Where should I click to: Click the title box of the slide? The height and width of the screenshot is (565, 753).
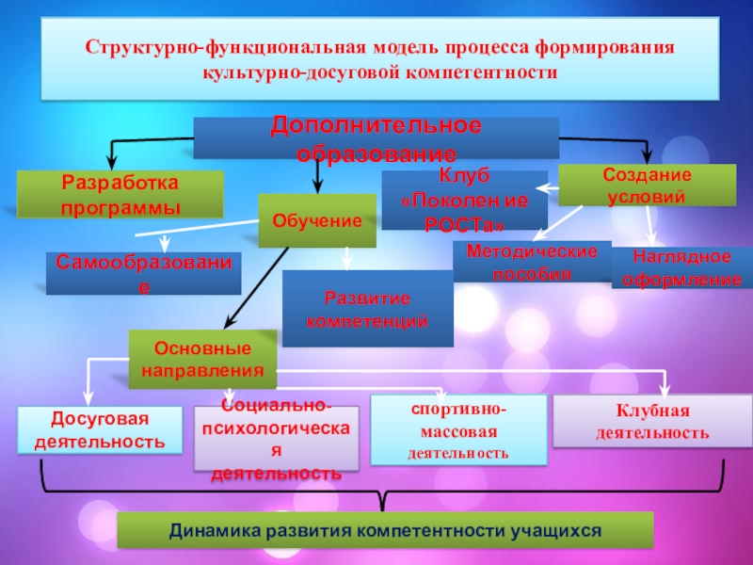point(378,58)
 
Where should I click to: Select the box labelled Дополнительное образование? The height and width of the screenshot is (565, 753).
point(376,138)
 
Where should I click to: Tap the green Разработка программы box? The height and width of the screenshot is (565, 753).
point(120,194)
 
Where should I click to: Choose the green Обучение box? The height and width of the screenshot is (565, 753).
point(317,220)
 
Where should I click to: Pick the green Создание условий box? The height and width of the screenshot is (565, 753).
point(648,185)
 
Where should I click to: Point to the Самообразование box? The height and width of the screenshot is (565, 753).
point(143,273)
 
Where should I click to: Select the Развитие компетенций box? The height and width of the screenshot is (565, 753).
point(368,309)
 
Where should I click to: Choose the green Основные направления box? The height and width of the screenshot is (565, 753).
point(202,359)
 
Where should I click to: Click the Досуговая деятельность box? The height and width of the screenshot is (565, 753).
point(101,429)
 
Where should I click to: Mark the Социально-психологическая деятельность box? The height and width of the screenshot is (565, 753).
point(276,438)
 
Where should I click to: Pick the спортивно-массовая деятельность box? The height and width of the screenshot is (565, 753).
point(458,430)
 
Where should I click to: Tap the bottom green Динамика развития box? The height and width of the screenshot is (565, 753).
point(385,530)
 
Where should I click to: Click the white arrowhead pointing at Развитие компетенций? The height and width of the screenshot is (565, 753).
point(347,264)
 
